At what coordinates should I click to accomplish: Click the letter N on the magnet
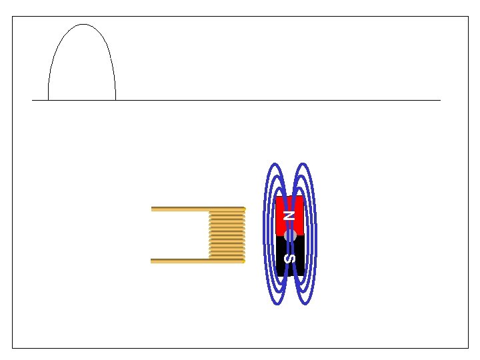[289, 215]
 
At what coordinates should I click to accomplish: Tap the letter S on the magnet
[289, 259]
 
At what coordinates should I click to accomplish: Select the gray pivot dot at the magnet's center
[290, 236]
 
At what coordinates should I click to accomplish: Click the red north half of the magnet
[289, 216]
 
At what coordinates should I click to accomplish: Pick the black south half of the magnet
[290, 256]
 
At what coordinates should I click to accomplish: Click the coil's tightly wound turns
[227, 235]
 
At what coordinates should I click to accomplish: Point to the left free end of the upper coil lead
[151, 209]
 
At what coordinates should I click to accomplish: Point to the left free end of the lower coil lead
[151, 261]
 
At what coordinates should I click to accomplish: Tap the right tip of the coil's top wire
[245, 209]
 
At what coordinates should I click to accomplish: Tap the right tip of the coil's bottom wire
[244, 261]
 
